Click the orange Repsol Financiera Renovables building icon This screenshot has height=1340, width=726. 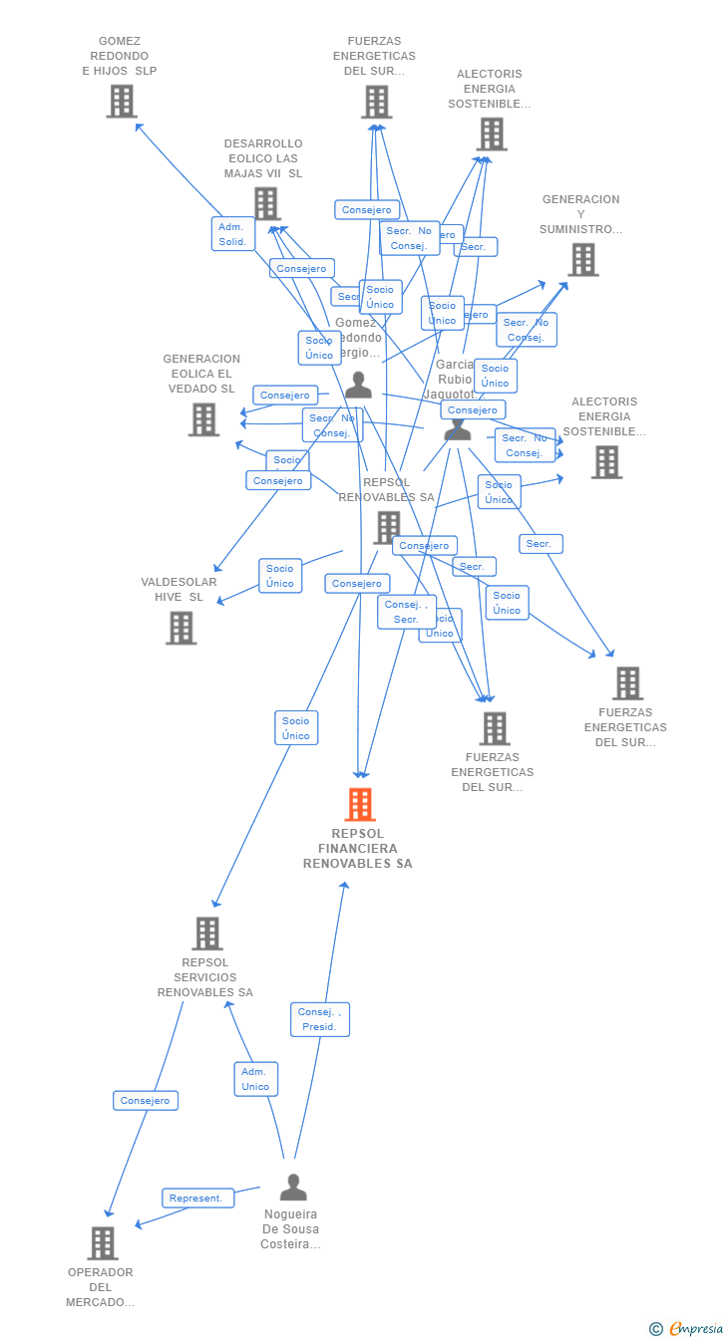360,804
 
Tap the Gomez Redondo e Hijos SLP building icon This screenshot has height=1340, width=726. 122,102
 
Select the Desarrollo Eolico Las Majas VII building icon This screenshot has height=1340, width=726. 266,203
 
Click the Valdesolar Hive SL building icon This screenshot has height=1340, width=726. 181,629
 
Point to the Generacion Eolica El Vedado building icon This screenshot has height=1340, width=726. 203,419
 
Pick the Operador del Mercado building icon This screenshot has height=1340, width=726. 103,1243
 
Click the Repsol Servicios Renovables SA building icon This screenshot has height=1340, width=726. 207,934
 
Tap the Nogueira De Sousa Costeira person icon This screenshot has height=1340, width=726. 293,1188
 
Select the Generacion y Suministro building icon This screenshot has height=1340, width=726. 582,259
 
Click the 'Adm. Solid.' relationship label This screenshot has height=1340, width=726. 233,234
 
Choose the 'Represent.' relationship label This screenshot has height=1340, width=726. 197,1198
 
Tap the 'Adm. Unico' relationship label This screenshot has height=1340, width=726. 256,1079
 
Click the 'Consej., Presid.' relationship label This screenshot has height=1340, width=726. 320,1019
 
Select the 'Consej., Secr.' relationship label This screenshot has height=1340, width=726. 406,612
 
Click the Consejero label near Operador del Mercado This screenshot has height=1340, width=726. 146,1100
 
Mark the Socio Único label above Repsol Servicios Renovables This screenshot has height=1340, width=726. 296,728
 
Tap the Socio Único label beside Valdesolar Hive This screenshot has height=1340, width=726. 280,576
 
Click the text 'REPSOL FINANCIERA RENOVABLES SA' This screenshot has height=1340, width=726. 358,849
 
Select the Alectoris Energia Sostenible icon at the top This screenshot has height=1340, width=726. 492,134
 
